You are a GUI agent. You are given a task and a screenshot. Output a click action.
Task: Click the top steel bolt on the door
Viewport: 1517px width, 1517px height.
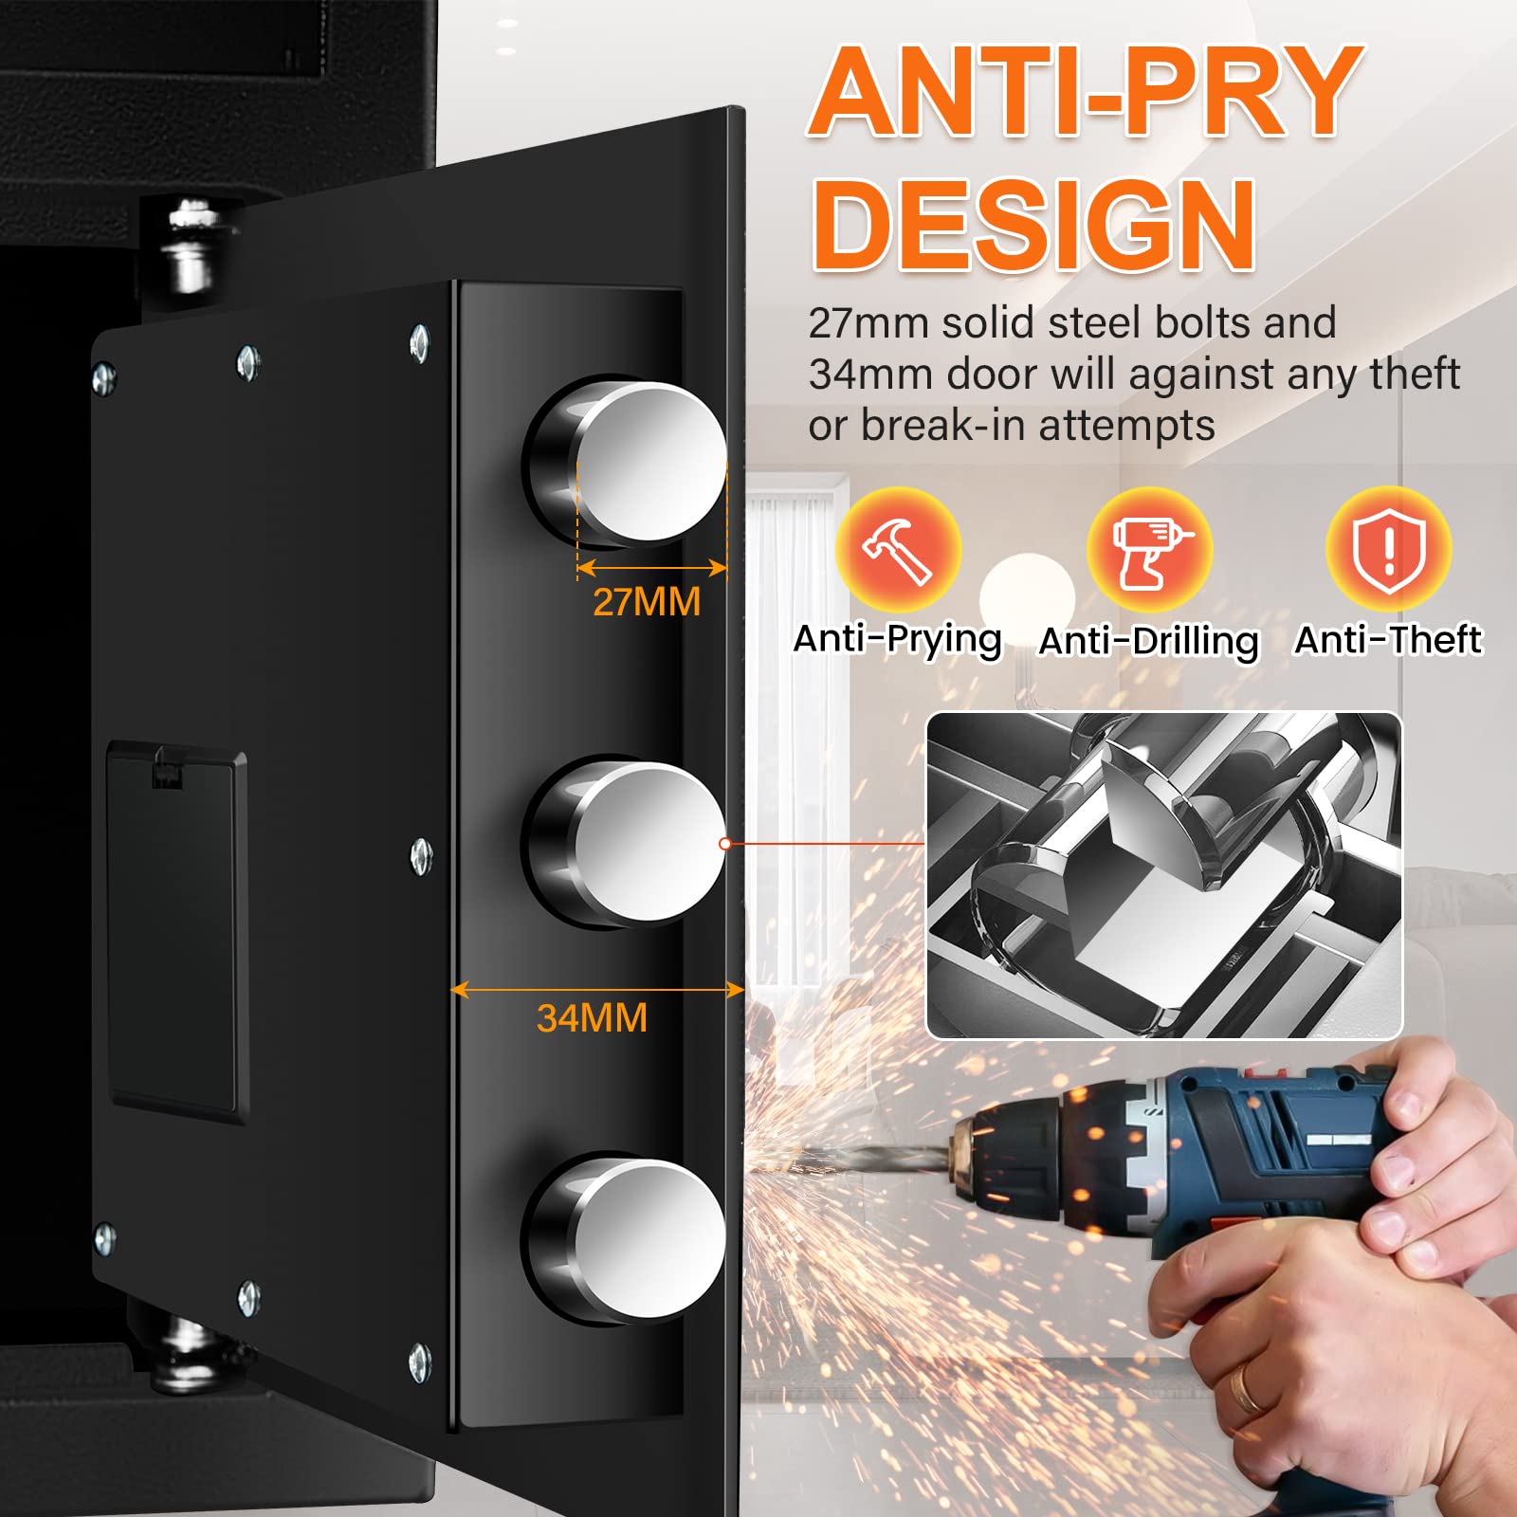626,462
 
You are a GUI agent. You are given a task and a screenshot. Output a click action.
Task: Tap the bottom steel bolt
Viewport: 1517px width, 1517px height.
626,1239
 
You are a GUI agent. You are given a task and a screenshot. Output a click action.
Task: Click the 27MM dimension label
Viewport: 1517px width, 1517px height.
647,602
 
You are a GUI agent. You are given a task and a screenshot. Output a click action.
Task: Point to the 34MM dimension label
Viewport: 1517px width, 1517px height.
592,1018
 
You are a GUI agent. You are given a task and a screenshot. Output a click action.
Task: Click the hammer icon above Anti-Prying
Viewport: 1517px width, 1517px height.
898,550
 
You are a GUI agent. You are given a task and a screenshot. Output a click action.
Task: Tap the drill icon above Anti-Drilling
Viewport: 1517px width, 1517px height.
1149,550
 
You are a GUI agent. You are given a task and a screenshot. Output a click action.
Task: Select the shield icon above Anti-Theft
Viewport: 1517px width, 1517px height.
1388,550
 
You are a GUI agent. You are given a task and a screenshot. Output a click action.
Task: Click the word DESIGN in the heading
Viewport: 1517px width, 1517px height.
1034,226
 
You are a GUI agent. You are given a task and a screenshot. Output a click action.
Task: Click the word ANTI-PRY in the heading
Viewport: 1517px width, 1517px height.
1086,92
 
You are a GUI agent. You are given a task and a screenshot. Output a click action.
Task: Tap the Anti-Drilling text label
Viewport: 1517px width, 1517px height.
1149,642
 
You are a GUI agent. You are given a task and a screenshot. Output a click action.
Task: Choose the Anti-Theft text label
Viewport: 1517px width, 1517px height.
1388,640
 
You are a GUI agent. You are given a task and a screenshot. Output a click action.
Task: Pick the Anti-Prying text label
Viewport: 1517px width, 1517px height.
898,641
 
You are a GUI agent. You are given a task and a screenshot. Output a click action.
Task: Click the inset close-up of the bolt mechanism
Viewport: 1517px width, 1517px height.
1164,875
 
